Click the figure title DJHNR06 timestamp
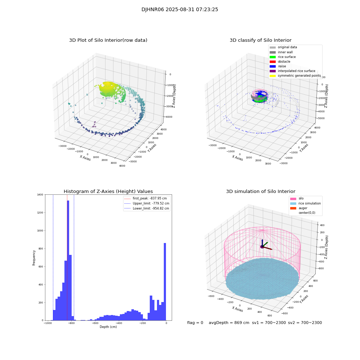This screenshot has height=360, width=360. coord(180,10)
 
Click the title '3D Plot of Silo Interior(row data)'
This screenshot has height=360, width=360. coord(108,40)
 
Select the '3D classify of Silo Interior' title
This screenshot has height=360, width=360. coord(260,40)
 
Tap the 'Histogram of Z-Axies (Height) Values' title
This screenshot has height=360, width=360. coord(108,192)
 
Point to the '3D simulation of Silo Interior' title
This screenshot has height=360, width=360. coord(260,192)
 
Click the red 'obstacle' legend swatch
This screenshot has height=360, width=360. coord(273,62)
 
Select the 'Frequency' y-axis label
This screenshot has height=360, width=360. coord(34,257)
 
